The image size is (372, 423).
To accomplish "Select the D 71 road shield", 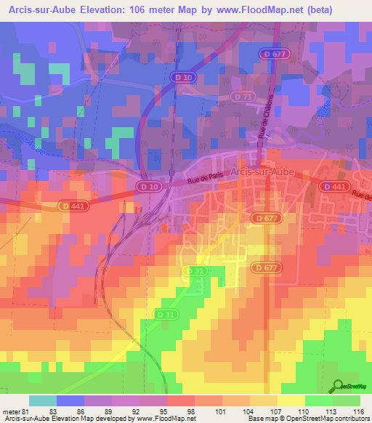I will [243, 96].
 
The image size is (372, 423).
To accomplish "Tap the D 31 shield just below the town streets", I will [194, 270].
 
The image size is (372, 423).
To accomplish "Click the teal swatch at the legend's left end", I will [43, 400].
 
